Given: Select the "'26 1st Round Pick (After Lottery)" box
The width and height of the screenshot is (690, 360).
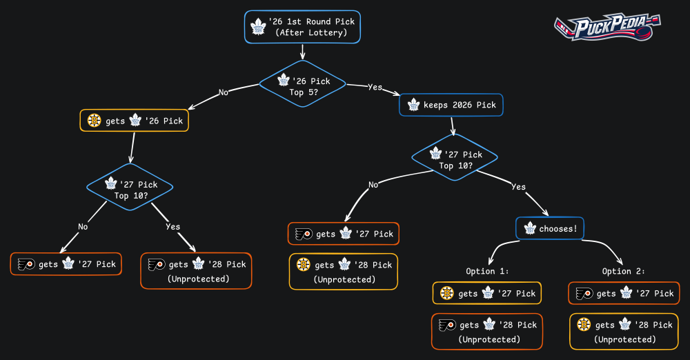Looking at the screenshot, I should pyautogui.click(x=302, y=27).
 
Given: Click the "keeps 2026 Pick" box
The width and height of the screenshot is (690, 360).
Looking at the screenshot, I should pyautogui.click(x=452, y=105).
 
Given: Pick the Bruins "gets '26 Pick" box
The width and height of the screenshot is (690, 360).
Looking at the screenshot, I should pyautogui.click(x=135, y=121).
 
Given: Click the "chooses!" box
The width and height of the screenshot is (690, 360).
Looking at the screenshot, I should pyautogui.click(x=550, y=228).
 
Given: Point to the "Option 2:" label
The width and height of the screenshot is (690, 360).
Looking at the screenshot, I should pyautogui.click(x=624, y=271).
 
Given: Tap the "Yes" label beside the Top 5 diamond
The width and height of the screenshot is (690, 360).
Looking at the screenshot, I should pyautogui.click(x=375, y=87).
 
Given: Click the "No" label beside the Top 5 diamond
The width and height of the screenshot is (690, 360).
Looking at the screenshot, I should pyautogui.click(x=224, y=91).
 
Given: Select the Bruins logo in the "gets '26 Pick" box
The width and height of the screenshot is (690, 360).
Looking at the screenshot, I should pyautogui.click(x=95, y=121).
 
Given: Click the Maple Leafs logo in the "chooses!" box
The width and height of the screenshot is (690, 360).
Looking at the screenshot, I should pyautogui.click(x=530, y=228).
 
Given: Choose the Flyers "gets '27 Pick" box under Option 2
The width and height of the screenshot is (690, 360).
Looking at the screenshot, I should pyautogui.click(x=624, y=293).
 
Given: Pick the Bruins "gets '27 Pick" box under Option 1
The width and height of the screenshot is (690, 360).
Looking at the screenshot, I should pyautogui.click(x=487, y=293).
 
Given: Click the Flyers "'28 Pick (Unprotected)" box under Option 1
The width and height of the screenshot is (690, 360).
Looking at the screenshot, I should pyautogui.click(x=487, y=331).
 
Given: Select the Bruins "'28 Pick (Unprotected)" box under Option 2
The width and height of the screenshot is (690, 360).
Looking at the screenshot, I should pyautogui.click(x=624, y=331).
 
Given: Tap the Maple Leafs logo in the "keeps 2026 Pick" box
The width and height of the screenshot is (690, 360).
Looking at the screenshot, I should pyautogui.click(x=414, y=105).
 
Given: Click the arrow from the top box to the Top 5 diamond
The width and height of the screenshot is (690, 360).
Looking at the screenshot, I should pyautogui.click(x=302, y=52).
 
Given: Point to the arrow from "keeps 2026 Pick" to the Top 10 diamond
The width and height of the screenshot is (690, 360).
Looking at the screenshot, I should pyautogui.click(x=453, y=127).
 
